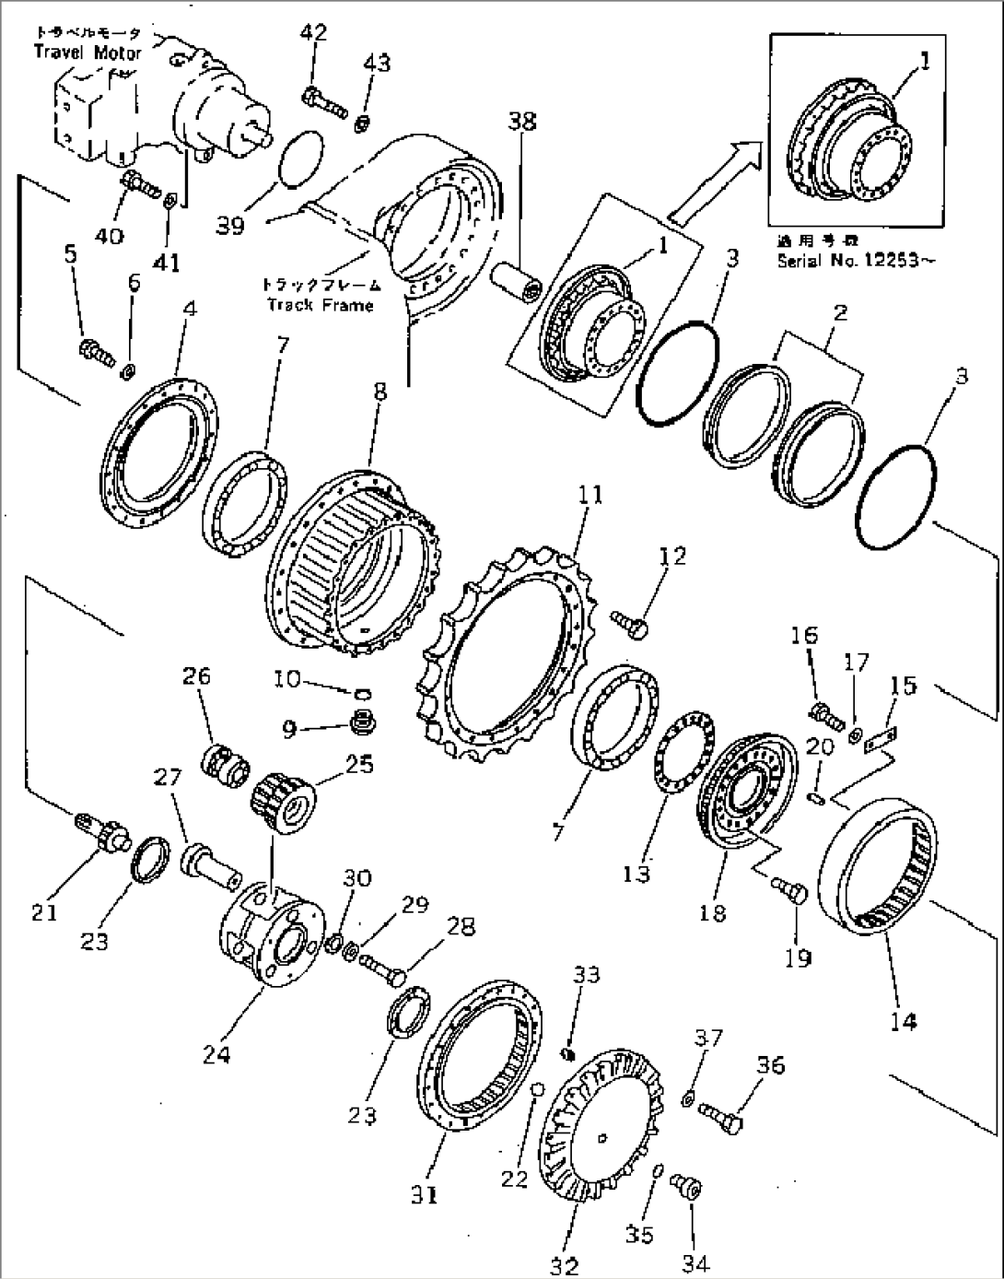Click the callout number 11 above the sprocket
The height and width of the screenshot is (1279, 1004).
click(590, 495)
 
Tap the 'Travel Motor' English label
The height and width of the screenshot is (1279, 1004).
click(88, 53)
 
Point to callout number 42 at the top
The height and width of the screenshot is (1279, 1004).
click(314, 33)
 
